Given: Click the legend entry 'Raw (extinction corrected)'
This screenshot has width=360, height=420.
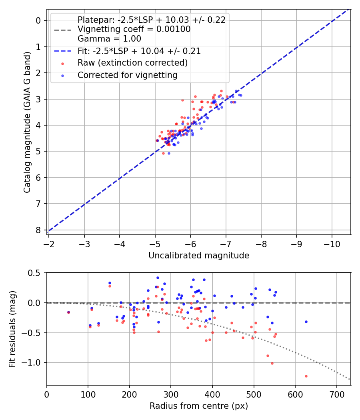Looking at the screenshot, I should [x=132, y=63].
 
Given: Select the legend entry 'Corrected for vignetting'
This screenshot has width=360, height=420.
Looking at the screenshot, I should [x=127, y=75].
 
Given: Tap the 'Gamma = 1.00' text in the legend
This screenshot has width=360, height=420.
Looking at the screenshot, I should [x=109, y=39].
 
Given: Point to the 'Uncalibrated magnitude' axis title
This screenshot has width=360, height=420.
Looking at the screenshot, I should [x=199, y=256].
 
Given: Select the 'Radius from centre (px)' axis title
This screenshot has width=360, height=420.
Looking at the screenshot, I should [x=199, y=406].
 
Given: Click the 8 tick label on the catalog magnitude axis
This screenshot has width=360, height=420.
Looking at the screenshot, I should [x=38, y=230].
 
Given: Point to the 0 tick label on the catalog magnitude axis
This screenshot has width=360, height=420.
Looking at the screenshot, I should [x=38, y=20].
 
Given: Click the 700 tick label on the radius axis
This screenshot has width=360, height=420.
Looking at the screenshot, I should [x=336, y=394].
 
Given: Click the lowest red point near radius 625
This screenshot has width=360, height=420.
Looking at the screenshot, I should [x=306, y=376].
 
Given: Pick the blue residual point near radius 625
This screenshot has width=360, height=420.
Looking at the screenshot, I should [x=306, y=322].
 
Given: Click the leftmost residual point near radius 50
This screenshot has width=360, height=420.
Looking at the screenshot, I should [x=68, y=312].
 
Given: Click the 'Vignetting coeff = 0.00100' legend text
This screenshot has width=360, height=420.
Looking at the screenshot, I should [x=134, y=29].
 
